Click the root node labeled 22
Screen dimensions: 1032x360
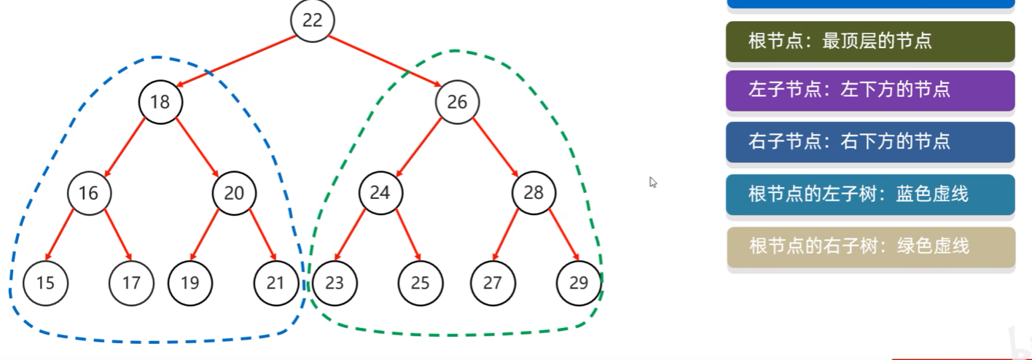tap(312, 20)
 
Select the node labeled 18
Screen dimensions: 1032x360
tap(160, 102)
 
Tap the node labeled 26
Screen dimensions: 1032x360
tap(457, 102)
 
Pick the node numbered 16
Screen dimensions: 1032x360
tap(88, 193)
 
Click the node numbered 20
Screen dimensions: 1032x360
tap(234, 193)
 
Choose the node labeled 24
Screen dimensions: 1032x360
tap(380, 193)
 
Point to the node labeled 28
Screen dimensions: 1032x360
tap(533, 193)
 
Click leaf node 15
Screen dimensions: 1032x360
tap(45, 282)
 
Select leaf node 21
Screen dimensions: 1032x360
tap(275, 282)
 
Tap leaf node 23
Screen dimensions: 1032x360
tap(334, 282)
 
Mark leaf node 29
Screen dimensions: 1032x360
tap(579, 282)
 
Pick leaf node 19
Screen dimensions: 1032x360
tap(189, 282)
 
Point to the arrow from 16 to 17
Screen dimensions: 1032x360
tap(117, 234)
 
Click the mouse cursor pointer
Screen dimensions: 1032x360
tap(653, 182)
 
